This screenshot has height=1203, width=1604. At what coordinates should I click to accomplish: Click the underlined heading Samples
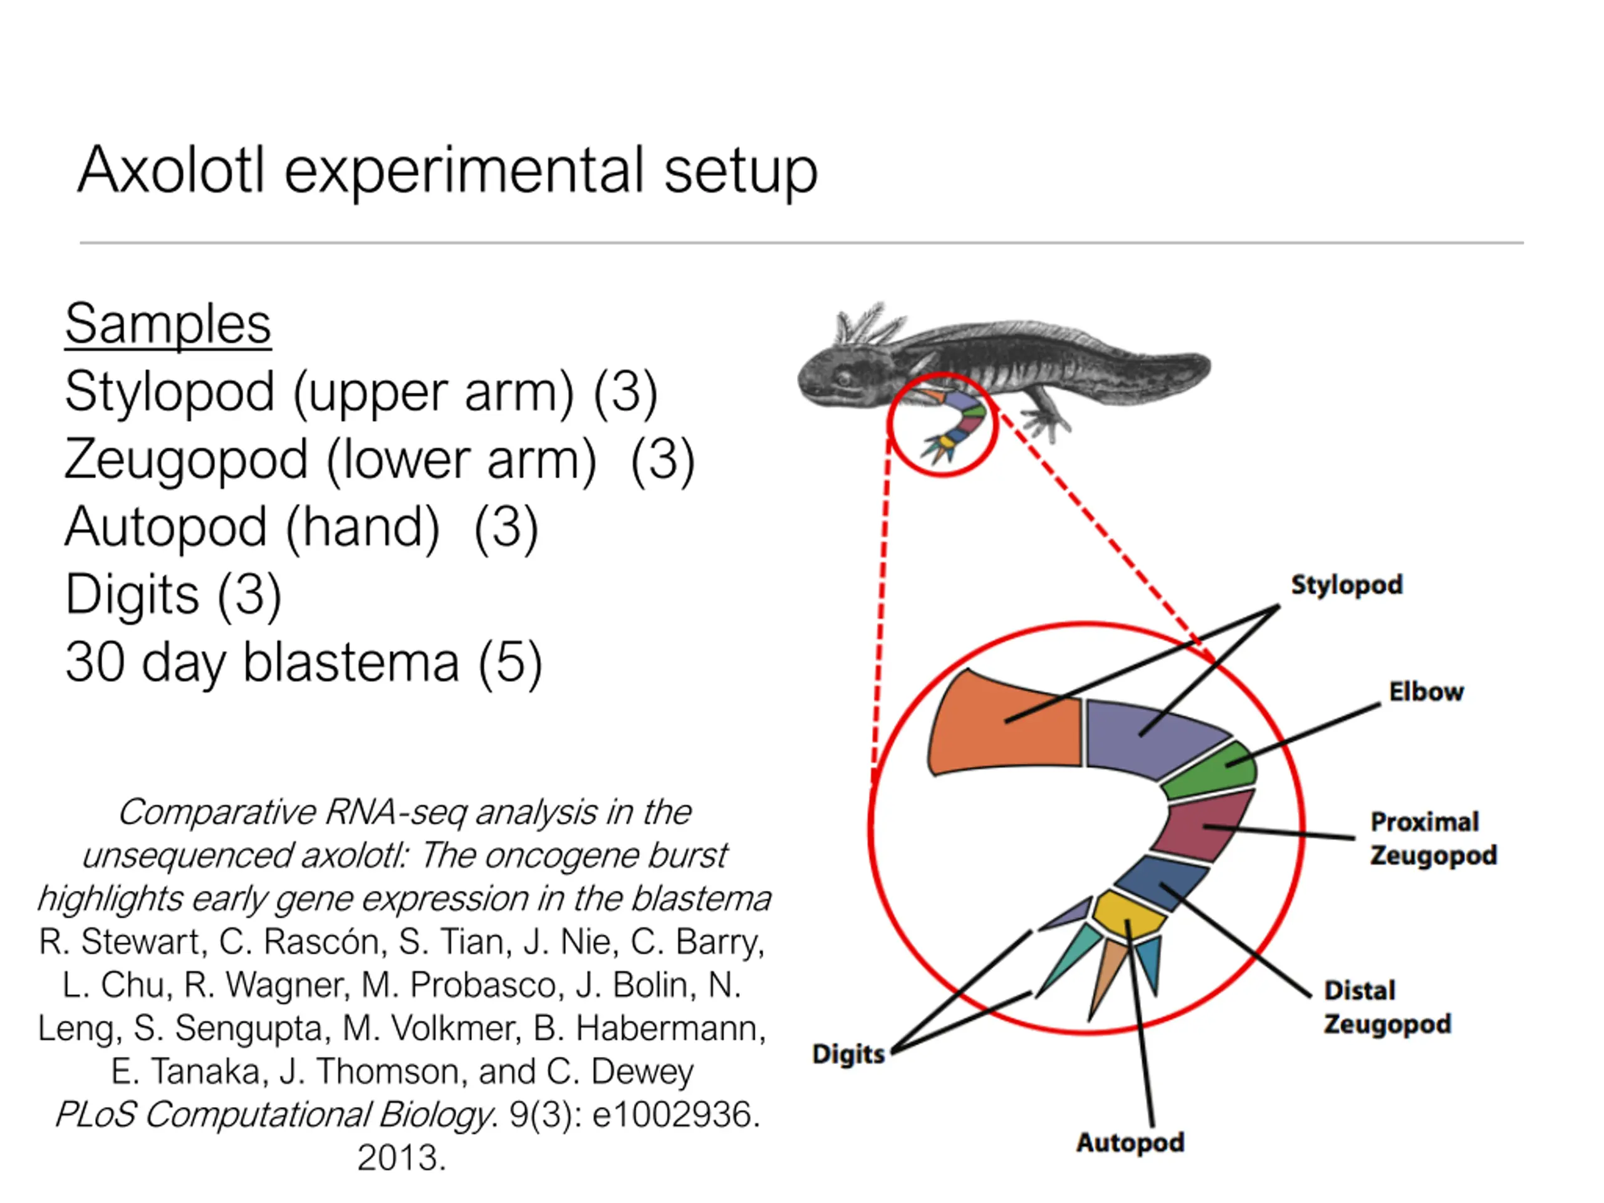coord(167,324)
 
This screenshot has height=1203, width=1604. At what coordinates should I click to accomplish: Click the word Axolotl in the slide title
coord(171,170)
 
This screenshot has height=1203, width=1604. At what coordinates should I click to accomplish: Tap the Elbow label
coord(1426,691)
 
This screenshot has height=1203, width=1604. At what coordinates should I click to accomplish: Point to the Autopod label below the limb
coord(1130,1143)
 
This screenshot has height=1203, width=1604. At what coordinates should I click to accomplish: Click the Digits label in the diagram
coord(848,1055)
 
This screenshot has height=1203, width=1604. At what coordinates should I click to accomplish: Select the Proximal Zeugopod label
coord(1433,838)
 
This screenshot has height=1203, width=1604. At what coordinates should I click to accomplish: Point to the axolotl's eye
coord(844,378)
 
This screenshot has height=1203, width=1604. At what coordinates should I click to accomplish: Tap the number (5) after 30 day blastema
coord(511,663)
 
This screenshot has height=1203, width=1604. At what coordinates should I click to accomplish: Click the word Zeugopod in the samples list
coord(185,460)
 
